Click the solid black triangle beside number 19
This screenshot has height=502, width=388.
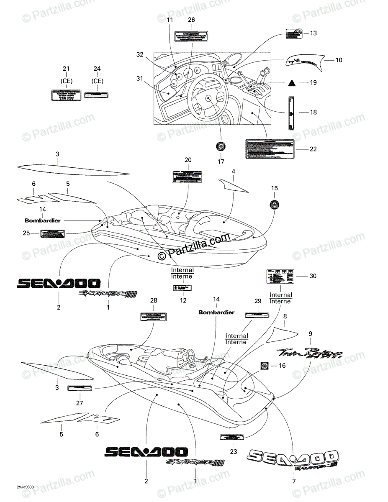pos(292,83)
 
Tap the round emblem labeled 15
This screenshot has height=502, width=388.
pos(274,205)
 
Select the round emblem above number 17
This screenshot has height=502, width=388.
pos(221,146)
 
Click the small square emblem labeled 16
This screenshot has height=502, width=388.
pos(265,366)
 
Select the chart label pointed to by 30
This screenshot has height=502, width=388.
pos(280,276)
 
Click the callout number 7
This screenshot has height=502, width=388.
pos(293,481)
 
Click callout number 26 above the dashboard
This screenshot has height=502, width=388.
pos(191,20)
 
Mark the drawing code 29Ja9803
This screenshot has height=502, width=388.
pos(26,487)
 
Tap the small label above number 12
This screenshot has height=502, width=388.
pos(182,288)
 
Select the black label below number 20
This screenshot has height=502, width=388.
pos(188,177)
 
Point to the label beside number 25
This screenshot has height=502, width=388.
pos(52,233)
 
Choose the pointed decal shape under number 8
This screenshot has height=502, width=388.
pos(283,333)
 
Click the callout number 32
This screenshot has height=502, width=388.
pos(139,54)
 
